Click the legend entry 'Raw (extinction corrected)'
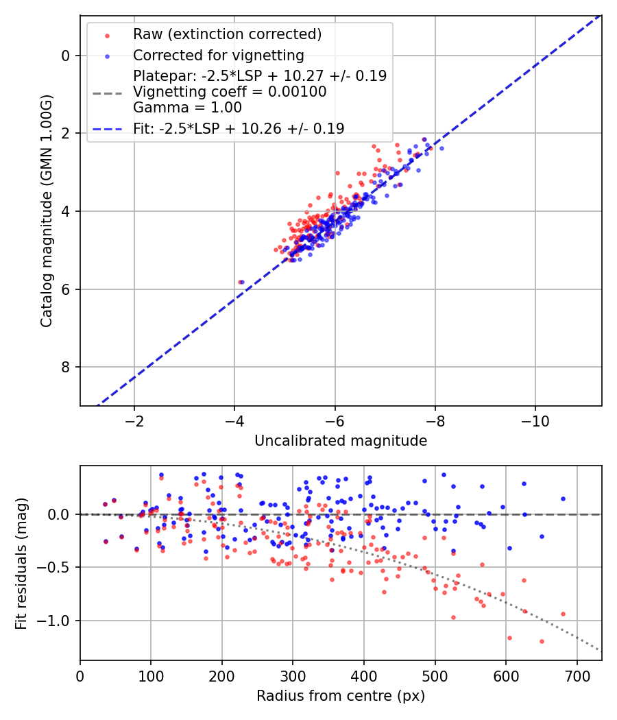227,34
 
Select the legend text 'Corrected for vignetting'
218,55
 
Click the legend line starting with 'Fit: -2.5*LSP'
239,128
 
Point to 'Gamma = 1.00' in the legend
187,108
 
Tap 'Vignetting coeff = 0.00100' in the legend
230,92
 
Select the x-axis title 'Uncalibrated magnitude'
341,441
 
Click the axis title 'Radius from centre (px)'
341,696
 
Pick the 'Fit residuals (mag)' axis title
21,564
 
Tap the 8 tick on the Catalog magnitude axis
66,368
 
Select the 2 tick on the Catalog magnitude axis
66,133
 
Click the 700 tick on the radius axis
577,675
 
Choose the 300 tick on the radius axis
293,675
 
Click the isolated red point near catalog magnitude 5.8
240,282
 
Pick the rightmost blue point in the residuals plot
563,499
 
